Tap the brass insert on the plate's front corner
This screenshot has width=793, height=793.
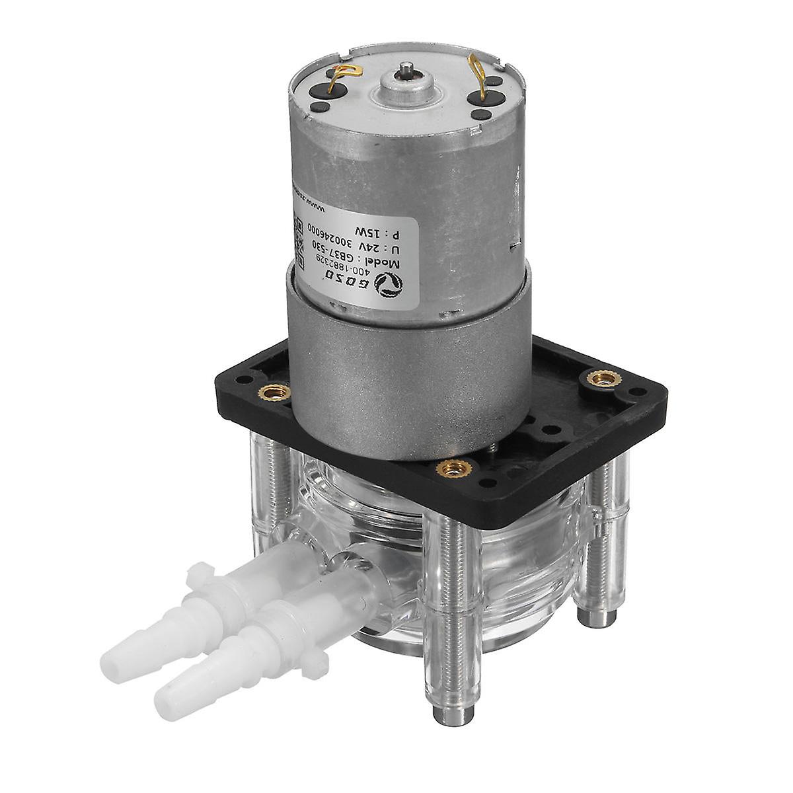[453, 469]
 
